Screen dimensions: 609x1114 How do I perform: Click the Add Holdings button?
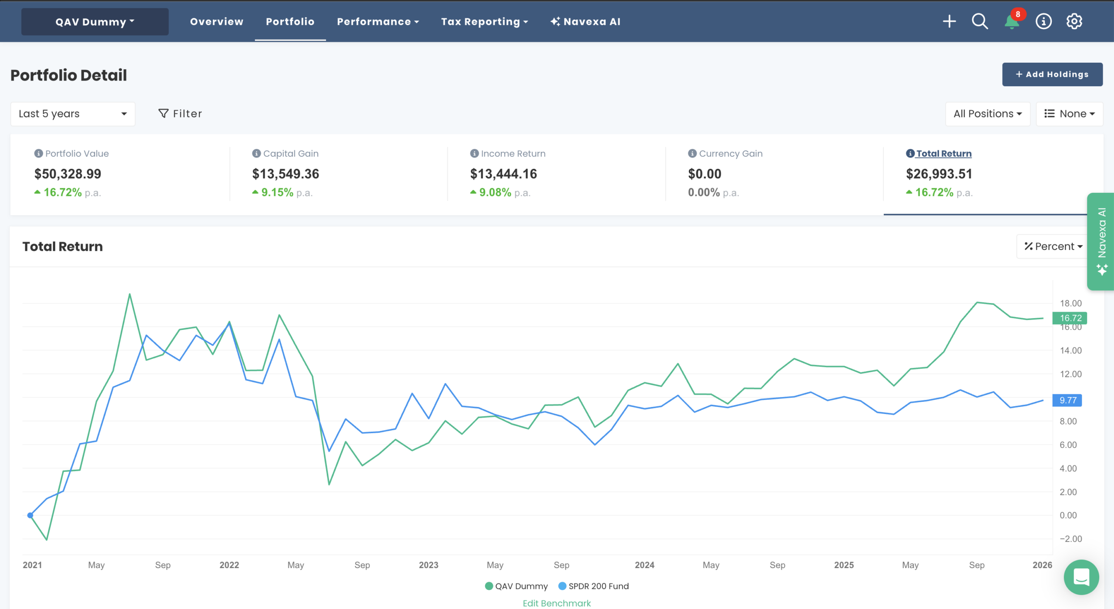[1052, 74]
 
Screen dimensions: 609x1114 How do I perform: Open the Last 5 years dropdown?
[73, 114]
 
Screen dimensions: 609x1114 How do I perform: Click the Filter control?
[180, 114]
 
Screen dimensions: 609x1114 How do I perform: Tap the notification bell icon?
[1012, 21]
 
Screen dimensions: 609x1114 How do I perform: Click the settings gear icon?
[1074, 21]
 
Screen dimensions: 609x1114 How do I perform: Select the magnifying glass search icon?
[980, 21]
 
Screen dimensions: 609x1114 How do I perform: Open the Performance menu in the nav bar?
[377, 22]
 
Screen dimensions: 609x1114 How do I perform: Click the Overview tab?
[216, 22]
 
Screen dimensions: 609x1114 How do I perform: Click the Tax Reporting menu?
[484, 22]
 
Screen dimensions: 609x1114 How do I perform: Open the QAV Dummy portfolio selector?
[95, 22]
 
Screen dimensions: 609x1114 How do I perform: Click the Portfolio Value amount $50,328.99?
[68, 174]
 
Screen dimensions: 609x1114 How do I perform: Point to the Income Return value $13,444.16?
[503, 174]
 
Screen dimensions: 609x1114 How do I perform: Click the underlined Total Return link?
[943, 154]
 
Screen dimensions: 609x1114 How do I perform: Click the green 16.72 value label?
[1070, 318]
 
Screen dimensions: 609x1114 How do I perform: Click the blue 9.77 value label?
[1067, 400]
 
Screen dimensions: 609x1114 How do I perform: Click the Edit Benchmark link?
[557, 603]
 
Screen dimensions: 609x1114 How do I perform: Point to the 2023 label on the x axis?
[428, 565]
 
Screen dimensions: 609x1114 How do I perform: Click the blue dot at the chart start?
[30, 515]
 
